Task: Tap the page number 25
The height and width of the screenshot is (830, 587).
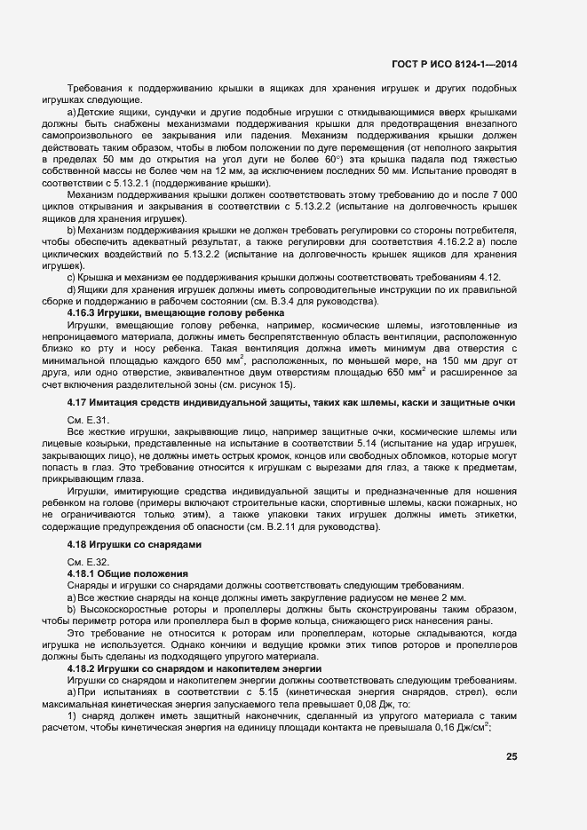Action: [x=512, y=756]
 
